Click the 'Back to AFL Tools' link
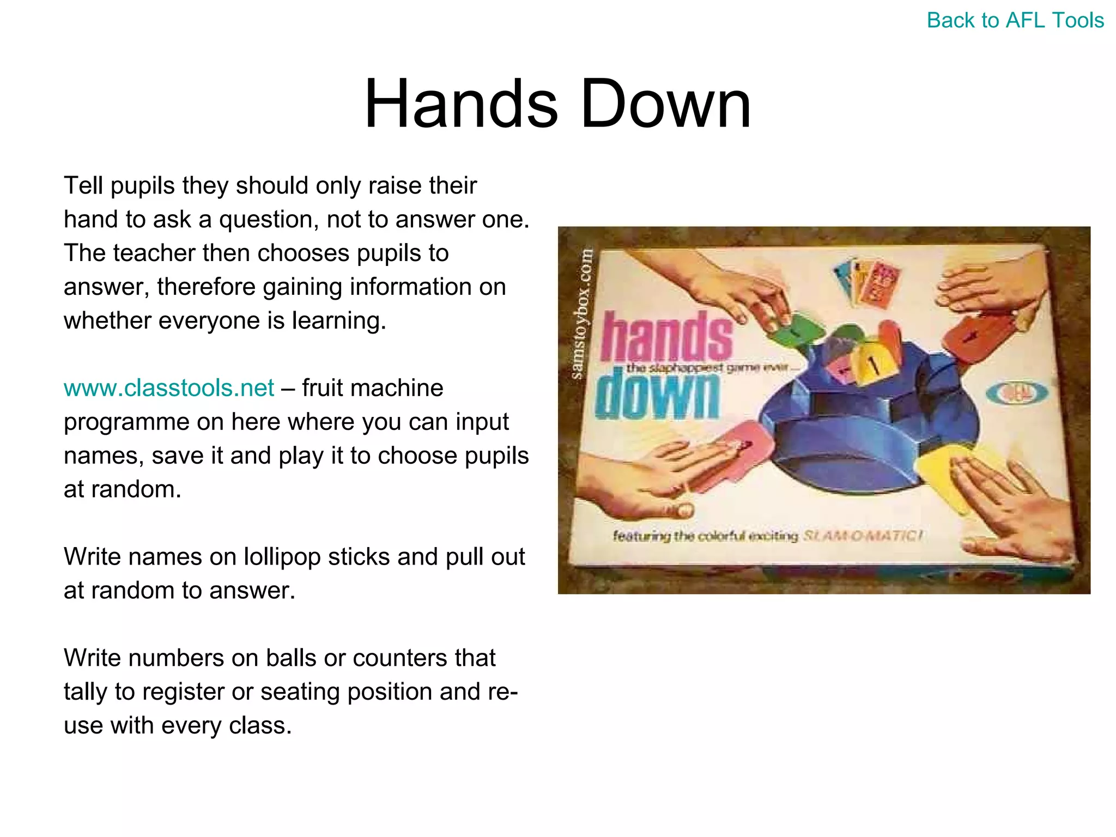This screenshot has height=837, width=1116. tap(1015, 21)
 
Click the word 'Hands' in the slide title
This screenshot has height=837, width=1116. tap(460, 104)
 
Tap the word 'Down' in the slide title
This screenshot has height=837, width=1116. tap(665, 104)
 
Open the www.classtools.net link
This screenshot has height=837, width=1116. tap(168, 388)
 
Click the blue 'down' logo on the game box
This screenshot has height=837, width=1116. tap(657, 393)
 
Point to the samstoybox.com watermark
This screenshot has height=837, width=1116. tap(582, 314)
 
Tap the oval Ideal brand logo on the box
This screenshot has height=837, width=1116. tap(1017, 392)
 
